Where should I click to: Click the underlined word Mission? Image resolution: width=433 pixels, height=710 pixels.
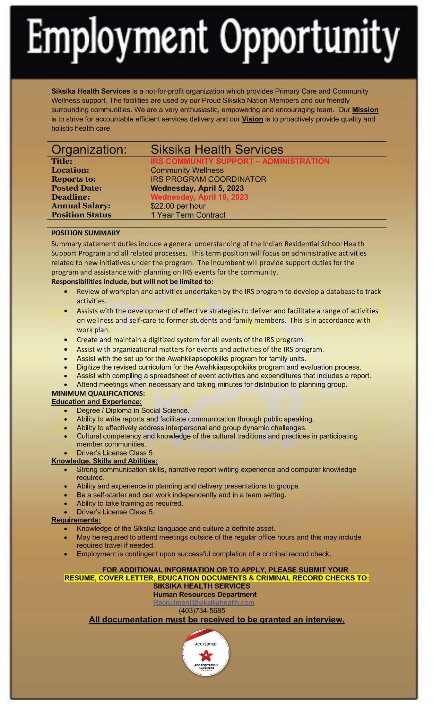(365, 110)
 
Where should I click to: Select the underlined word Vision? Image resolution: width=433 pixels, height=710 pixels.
(252, 119)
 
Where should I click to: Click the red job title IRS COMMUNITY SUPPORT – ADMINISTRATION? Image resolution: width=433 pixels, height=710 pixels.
(240, 161)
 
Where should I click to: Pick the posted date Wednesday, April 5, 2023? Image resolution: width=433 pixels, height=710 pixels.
(197, 188)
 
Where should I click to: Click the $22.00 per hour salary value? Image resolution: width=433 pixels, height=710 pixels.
(178, 206)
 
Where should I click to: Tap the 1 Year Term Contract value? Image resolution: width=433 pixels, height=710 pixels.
(188, 215)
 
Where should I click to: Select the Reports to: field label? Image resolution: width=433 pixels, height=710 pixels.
(73, 179)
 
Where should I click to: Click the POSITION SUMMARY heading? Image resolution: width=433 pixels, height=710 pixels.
(86, 233)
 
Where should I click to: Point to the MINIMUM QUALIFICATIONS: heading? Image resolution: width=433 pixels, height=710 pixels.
(98, 393)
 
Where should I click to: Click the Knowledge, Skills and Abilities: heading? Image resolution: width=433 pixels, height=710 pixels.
(104, 461)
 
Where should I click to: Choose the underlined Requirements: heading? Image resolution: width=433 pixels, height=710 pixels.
(76, 520)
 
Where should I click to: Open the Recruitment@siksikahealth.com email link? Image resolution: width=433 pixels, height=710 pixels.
(203, 603)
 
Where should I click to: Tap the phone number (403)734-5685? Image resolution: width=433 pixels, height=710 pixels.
(202, 611)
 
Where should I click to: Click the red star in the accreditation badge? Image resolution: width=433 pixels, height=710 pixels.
(206, 655)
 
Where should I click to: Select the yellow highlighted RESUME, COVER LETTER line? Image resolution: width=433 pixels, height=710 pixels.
(217, 578)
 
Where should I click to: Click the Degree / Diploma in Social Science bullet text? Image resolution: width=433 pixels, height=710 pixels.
(133, 410)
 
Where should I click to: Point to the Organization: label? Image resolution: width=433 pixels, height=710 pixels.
(89, 150)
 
